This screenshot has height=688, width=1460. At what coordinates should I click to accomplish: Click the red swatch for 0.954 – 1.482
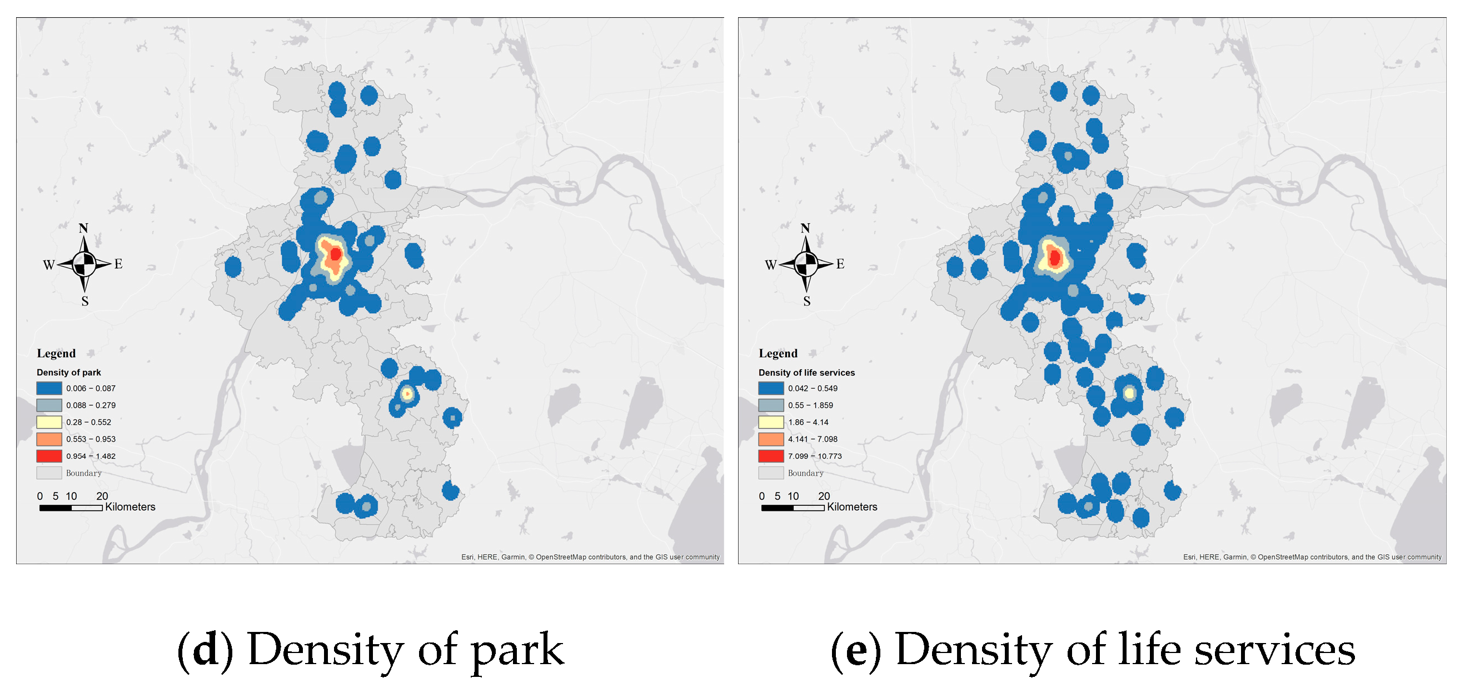coord(49,456)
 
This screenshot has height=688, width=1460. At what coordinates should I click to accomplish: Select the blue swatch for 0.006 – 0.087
coord(49,389)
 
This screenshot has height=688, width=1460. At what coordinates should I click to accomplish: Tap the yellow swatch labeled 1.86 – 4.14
coord(771,423)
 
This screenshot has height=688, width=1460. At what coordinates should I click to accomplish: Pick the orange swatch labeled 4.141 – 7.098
coord(771,439)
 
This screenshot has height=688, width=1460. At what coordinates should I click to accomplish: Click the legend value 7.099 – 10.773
coord(814,456)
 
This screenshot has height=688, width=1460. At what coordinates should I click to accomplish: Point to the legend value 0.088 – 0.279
coord(91,405)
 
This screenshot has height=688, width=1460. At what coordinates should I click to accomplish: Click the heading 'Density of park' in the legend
coord(68,373)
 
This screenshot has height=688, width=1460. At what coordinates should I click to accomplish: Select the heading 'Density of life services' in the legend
coord(806,373)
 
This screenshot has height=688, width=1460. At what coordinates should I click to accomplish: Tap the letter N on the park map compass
coord(83,228)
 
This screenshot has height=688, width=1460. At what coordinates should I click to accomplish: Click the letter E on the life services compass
coord(840,264)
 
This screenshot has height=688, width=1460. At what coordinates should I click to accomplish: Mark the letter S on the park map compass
coord(85,302)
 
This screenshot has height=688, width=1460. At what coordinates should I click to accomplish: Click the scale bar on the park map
coord(71,508)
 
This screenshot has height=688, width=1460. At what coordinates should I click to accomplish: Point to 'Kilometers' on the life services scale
coord(852,508)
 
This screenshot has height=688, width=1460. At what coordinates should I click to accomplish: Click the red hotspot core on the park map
coord(336,254)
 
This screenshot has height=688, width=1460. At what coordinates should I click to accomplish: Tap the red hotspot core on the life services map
coord(1055,258)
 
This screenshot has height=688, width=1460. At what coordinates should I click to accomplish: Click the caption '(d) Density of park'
coord(371,650)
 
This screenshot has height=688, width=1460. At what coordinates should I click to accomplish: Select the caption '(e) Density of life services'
coord(1093,650)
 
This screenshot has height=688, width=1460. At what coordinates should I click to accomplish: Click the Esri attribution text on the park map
coord(590,557)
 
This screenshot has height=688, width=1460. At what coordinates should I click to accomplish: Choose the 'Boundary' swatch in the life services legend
coord(771,473)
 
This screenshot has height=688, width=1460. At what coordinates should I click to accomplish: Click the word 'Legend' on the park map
coord(56,354)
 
